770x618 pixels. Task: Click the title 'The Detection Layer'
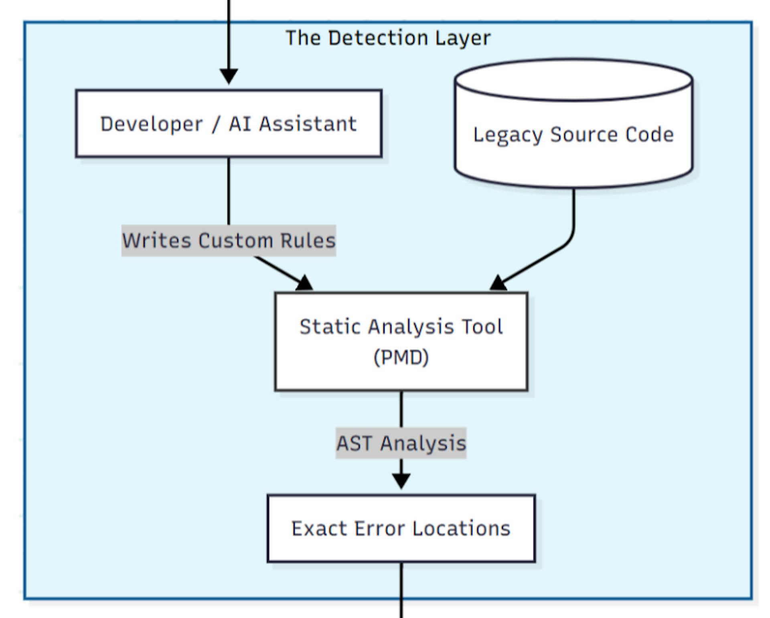coord(388,38)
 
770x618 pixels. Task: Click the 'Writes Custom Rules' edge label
coord(229,241)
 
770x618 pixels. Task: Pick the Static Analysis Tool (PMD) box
coord(401,341)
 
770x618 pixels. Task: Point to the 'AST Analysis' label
coord(401,443)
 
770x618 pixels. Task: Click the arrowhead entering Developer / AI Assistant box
coord(229,76)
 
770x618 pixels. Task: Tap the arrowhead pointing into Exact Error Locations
coord(401,480)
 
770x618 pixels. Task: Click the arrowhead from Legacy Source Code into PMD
coord(498,284)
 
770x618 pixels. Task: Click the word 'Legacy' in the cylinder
coord(508,135)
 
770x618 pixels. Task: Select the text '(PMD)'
coord(401,357)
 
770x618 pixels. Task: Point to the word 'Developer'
coord(151,124)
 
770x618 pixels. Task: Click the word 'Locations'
coord(461,528)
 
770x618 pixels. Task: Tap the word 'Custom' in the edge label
coord(235,241)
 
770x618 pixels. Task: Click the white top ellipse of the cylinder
coord(573,79)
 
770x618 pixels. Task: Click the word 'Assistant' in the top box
coord(308,124)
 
